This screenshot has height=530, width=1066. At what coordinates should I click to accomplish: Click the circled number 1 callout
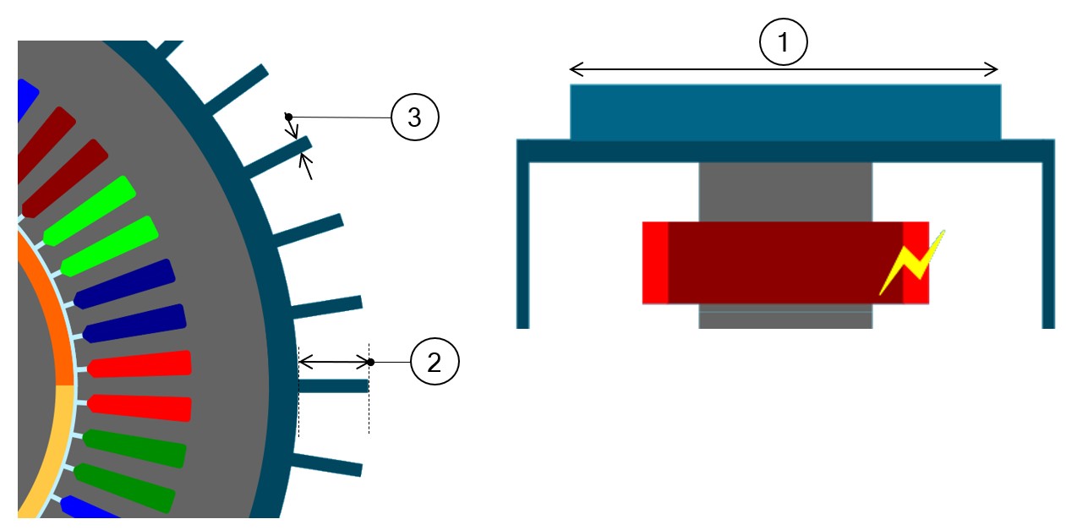(x=784, y=41)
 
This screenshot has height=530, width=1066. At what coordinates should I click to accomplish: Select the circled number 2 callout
(x=434, y=363)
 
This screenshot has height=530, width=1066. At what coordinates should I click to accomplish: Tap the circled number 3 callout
(x=414, y=117)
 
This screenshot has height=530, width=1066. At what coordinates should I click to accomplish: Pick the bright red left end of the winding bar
(x=655, y=262)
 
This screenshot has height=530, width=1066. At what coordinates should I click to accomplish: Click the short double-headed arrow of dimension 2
(x=335, y=363)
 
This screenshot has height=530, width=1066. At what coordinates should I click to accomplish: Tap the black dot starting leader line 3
(x=288, y=116)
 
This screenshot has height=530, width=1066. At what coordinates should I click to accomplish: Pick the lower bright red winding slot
(x=139, y=407)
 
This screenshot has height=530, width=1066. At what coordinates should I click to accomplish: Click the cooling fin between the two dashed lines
(x=333, y=386)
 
